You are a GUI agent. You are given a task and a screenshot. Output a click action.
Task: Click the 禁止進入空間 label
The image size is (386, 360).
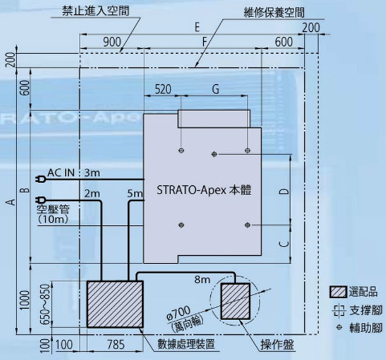pos(95,11)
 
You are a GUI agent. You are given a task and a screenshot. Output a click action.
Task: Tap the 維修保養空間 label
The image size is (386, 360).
pos(274,13)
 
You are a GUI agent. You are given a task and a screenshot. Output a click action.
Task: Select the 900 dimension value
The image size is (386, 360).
pos(112,42)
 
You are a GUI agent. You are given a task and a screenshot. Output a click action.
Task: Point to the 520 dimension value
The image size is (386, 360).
pos(163,89)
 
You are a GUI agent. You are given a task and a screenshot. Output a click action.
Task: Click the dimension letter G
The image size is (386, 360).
pos(215,89)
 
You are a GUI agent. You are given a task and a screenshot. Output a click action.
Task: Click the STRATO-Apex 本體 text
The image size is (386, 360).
pos(204,190)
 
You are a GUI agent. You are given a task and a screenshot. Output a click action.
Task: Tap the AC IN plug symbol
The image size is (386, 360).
pos(41,179)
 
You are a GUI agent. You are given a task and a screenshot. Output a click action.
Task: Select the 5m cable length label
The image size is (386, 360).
pos(135,193)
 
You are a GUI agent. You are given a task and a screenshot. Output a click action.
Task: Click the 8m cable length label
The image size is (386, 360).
pos(202,280)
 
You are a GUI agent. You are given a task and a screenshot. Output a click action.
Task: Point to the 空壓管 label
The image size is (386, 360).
pos(53,209)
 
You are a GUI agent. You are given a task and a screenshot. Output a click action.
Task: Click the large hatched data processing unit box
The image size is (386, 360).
pos(115,304)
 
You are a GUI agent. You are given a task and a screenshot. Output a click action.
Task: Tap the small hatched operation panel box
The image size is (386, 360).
pos(235,301)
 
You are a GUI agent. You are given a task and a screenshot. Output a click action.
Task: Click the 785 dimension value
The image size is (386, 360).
pos(116,345)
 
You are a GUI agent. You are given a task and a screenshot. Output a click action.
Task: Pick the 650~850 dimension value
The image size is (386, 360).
pos(46,304)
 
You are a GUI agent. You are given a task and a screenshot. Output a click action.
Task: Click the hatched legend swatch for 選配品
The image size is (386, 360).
pos(338,292)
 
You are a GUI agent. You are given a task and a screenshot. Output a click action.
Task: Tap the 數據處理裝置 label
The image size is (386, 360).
pos(186,344)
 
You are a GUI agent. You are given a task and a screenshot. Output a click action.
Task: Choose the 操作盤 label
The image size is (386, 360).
pos(278,345)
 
